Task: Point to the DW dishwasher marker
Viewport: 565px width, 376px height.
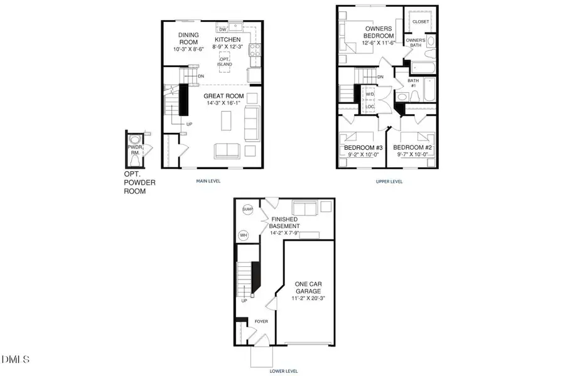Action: (222, 29)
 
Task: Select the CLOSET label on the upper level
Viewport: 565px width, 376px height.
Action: (421, 21)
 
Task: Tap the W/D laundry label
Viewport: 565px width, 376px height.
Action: (370, 95)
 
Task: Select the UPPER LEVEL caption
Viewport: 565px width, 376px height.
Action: (389, 182)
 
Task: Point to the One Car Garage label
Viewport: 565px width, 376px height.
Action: (308, 288)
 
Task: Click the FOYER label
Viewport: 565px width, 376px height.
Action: (261, 321)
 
